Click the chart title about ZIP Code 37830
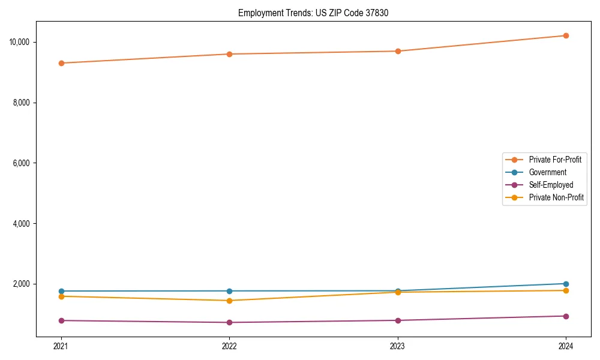click(x=313, y=13)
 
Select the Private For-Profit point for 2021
click(x=61, y=63)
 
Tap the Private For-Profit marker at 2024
click(x=566, y=35)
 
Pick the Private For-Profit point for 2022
click(x=229, y=54)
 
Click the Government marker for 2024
click(x=566, y=284)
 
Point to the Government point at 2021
click(x=61, y=291)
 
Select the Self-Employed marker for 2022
click(x=229, y=323)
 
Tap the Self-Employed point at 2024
click(x=566, y=316)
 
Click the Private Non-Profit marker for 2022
click(x=229, y=301)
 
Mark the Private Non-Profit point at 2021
click(x=61, y=296)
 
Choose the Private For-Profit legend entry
click(x=555, y=160)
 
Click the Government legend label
click(x=547, y=172)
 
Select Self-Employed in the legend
click(x=551, y=185)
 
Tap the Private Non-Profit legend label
click(x=556, y=197)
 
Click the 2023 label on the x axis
click(x=397, y=346)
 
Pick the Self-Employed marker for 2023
click(x=397, y=320)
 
